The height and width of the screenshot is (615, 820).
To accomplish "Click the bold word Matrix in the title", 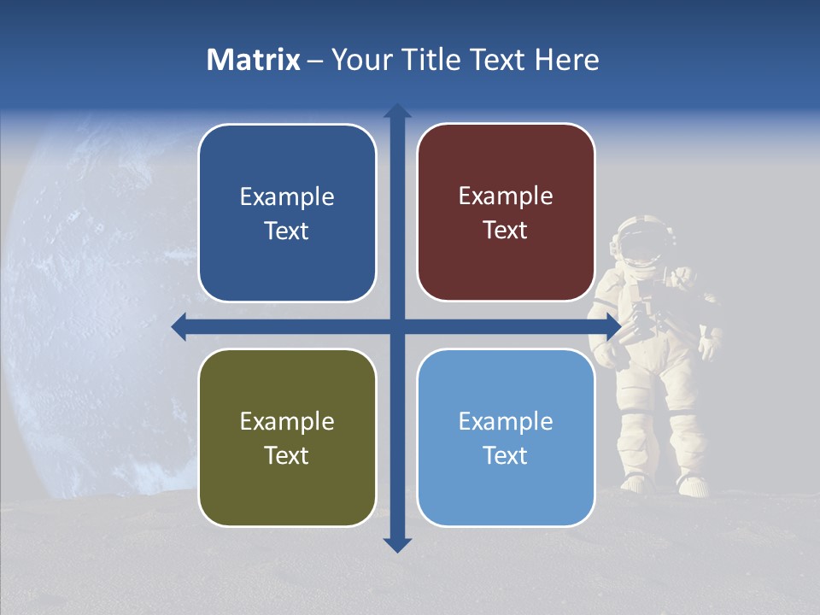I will (254, 60).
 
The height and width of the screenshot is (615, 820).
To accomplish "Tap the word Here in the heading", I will (567, 60).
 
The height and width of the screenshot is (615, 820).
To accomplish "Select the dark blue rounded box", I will (287, 213).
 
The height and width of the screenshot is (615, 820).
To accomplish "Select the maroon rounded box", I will (506, 213).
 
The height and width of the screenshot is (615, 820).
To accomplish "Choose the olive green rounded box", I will (287, 437).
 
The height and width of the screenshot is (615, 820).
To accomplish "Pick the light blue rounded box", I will (506, 437).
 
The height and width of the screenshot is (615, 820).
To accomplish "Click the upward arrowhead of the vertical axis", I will (397, 111).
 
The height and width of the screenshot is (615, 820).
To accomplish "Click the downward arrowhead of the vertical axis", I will (397, 544).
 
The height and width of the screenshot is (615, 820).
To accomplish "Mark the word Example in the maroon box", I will (506, 196).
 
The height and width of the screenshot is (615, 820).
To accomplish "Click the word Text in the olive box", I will (286, 455).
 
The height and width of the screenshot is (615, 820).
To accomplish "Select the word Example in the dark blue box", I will (287, 196).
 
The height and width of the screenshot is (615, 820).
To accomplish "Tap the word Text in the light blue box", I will (505, 455).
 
